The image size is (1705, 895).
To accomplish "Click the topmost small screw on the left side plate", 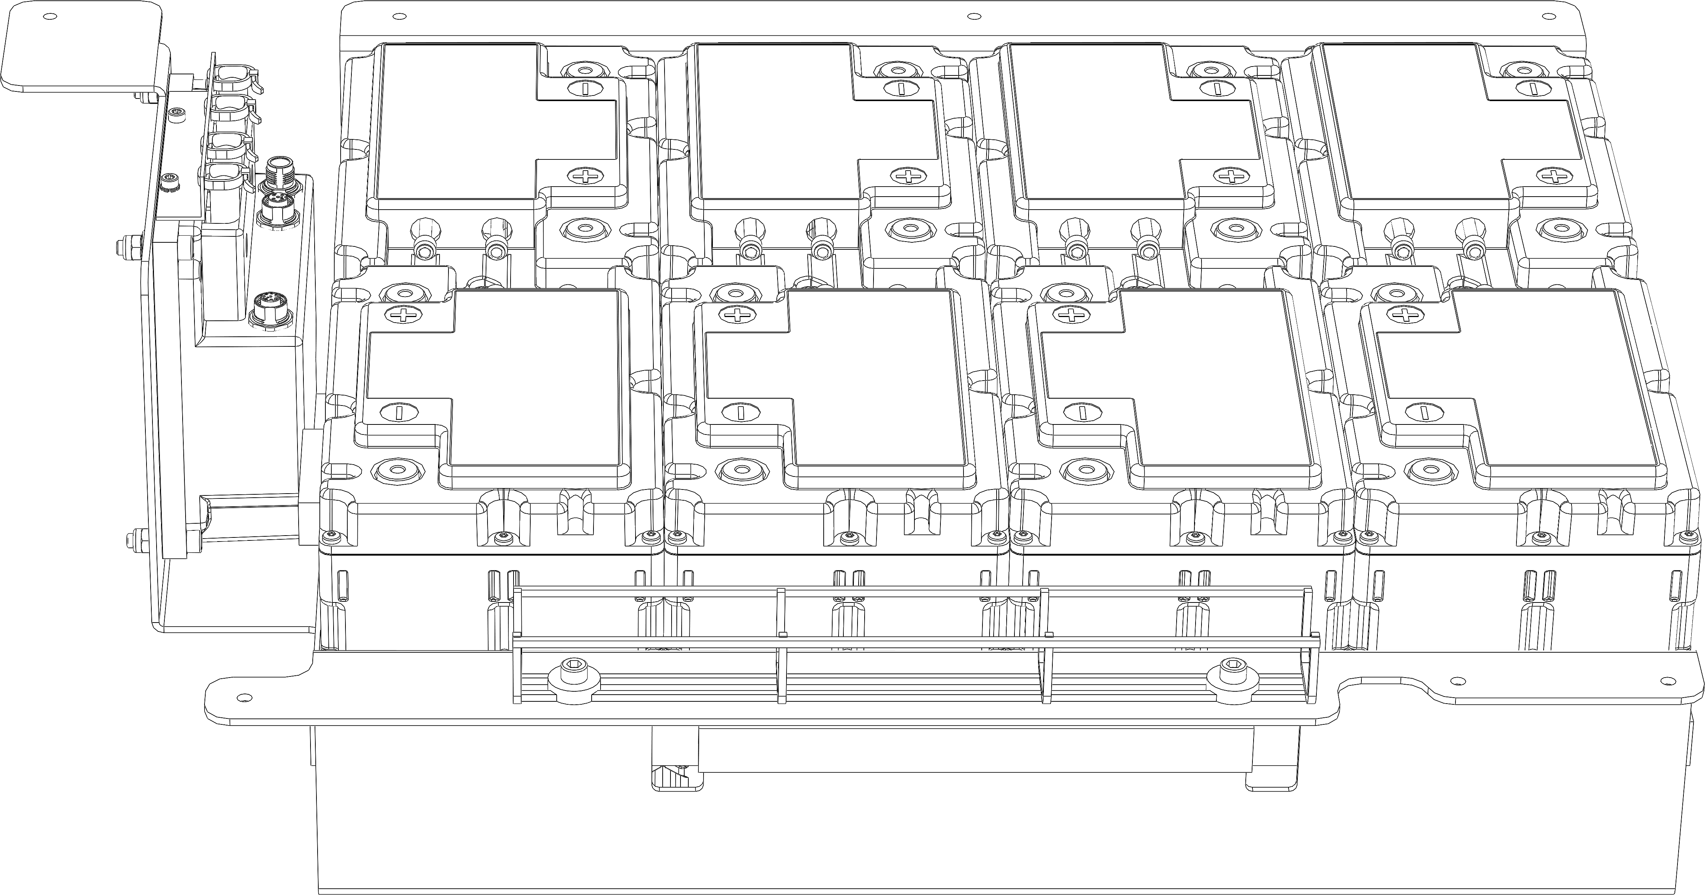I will coord(176,114).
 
